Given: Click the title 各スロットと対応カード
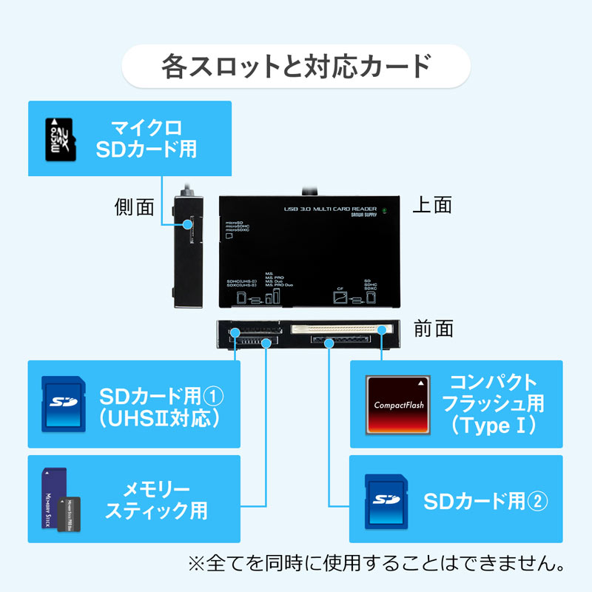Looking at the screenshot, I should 295,66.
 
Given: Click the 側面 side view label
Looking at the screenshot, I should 135,207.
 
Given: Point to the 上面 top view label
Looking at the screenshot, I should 431,205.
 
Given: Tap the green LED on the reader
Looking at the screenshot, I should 385,209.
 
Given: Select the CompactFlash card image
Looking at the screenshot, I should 400,404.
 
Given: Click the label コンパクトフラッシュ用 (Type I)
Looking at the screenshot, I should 492,404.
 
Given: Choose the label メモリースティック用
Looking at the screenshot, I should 156,499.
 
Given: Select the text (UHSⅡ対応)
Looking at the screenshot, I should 160,418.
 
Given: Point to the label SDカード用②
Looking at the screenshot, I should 485,501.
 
